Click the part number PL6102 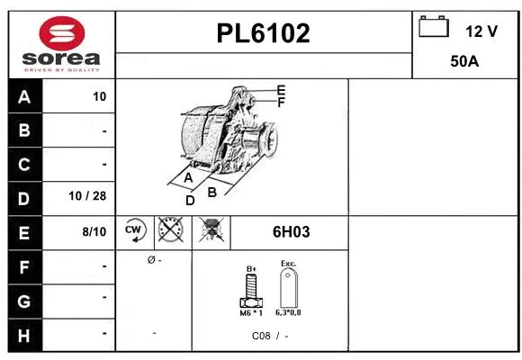tap(263, 34)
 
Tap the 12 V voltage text tap(481, 31)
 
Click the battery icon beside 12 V tap(435, 27)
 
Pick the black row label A tap(24, 97)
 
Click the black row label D tap(24, 198)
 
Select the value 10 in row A tap(99, 97)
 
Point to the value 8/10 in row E tap(94, 232)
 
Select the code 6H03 tap(291, 232)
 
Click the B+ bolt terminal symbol tap(252, 291)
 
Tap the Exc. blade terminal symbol tap(288, 289)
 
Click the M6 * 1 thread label tap(252, 313)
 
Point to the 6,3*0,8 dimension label tap(289, 313)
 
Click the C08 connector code tap(260, 336)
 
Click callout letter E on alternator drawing tap(281, 90)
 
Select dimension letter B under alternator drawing tap(212, 192)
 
